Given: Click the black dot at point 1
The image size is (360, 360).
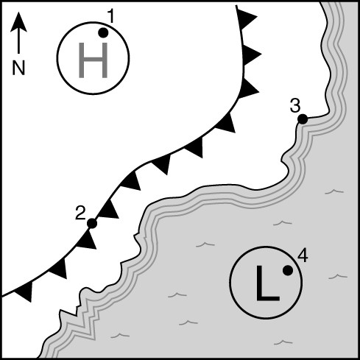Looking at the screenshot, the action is point(103,32).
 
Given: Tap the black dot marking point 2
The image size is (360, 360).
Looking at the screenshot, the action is point(92,223).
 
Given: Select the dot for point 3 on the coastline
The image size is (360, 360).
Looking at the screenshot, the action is point(303,119).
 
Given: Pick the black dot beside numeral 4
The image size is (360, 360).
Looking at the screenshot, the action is point(288,270).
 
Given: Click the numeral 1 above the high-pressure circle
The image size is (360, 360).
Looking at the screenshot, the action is point(112,16).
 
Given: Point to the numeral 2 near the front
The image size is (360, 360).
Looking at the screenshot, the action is point(80,213).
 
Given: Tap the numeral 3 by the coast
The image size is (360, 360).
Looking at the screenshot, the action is point(295,106).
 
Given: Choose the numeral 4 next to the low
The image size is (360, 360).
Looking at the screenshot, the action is point(303,256).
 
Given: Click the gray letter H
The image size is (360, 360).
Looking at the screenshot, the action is point(93,60).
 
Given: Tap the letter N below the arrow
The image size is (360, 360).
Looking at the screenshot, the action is point(18,68).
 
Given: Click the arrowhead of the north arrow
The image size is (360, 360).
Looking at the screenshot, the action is point(18,21).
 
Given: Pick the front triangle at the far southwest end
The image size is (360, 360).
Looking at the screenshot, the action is point(25,292).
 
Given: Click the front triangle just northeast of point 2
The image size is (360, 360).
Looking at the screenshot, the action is point(109,210).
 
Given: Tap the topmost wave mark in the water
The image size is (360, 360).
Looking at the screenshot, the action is point(334,191).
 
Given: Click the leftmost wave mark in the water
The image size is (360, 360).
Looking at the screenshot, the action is point(120,335).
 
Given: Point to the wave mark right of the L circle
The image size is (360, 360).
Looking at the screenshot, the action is point(338,276).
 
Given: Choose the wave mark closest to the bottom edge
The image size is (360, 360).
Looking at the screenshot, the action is point(283,342).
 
